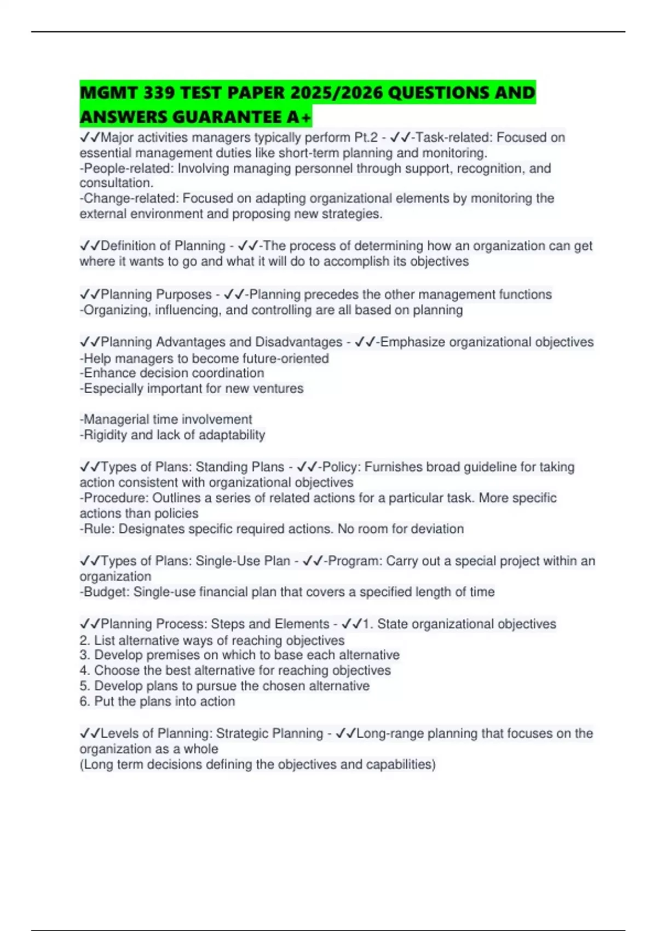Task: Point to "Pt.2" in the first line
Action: (366, 137)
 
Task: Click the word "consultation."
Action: (117, 183)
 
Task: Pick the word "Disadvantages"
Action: (304, 342)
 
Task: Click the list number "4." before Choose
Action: (85, 671)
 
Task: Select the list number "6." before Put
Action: (85, 702)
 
